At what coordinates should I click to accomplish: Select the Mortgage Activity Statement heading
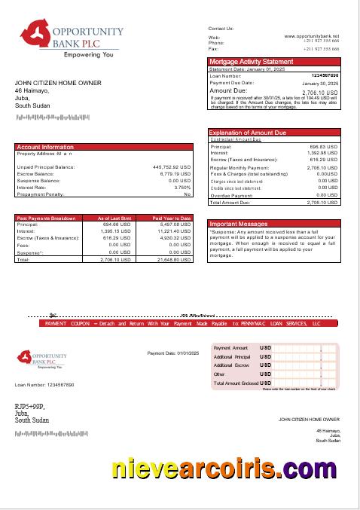tap(251, 61)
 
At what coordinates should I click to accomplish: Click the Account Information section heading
tap(45, 147)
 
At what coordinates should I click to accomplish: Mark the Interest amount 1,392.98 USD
tap(324, 153)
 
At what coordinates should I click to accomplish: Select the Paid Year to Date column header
tap(172, 218)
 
